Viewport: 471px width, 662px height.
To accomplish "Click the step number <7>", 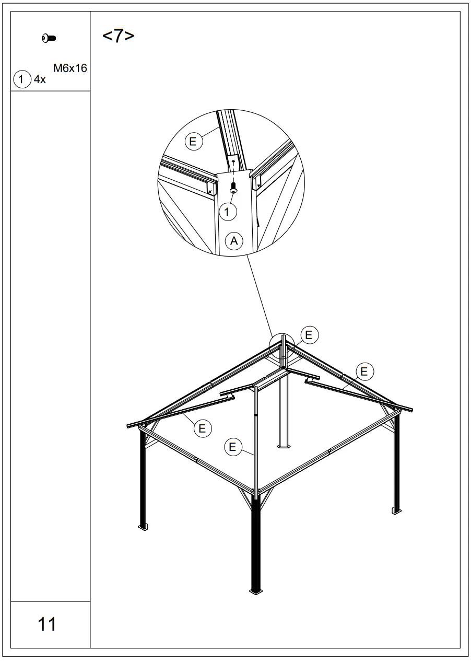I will [x=119, y=37].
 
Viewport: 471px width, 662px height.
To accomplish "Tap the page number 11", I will [x=47, y=624].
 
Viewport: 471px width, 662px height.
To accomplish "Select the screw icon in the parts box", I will [x=49, y=38].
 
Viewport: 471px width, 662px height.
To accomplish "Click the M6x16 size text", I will [x=69, y=68].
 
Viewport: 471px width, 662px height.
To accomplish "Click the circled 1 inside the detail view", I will [x=228, y=211].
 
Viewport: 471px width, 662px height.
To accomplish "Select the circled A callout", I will [x=234, y=241].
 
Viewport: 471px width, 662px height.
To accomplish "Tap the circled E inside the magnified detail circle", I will [x=193, y=141].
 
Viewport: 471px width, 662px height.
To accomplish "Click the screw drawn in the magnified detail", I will [x=233, y=185].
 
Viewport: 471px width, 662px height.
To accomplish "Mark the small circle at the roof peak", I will [x=282, y=346].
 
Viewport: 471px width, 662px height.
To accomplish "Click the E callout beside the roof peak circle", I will [x=309, y=335].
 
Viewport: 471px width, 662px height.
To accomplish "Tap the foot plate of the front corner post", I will [x=256, y=591].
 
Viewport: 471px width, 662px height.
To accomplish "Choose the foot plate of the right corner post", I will [x=396, y=510].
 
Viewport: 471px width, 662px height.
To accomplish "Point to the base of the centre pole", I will [x=284, y=446].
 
